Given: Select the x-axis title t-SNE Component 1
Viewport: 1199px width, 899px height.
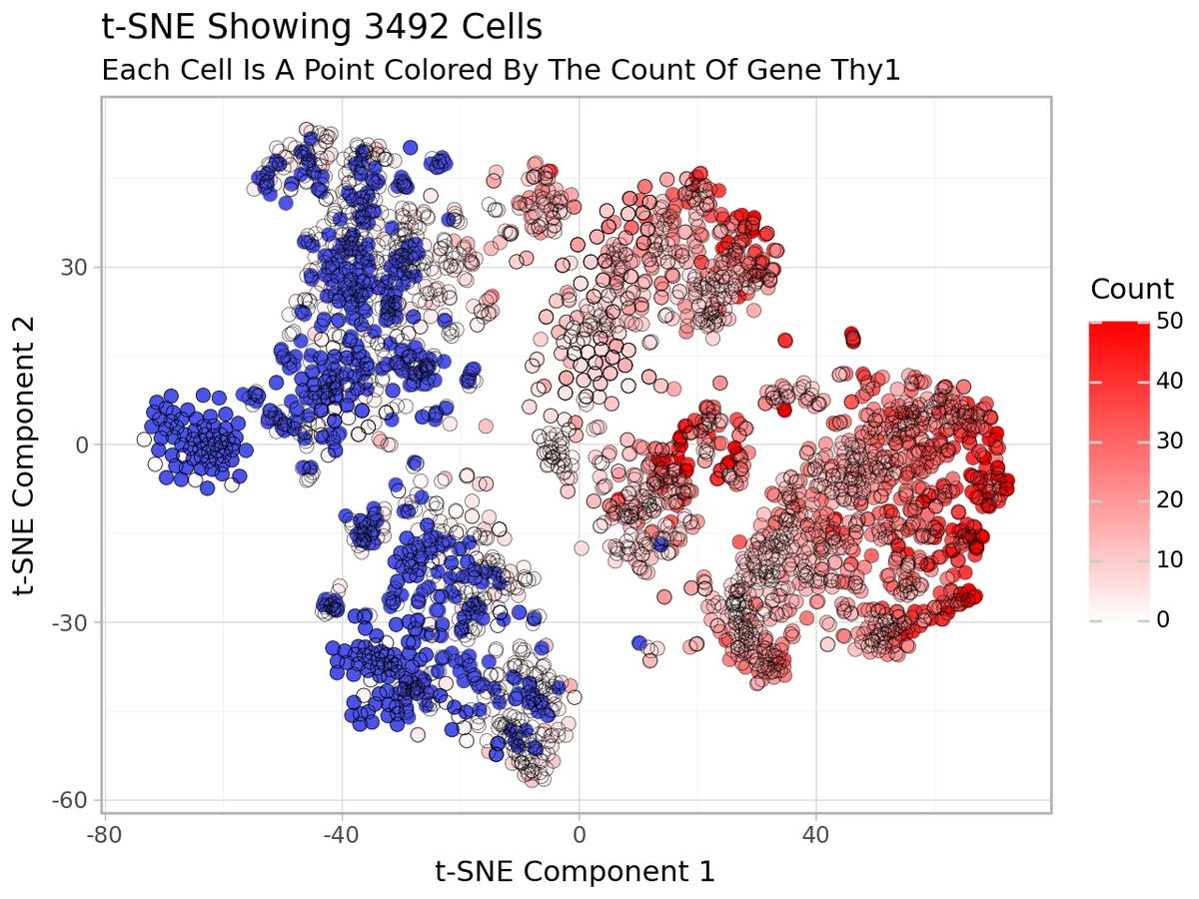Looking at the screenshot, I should (576, 871).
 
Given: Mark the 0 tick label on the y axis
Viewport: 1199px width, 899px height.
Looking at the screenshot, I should (83, 445).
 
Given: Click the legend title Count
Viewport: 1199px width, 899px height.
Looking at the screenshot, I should (1131, 290).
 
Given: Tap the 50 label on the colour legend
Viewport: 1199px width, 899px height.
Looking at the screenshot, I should (1170, 321).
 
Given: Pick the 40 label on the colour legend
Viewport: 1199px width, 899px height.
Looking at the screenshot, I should (1170, 381).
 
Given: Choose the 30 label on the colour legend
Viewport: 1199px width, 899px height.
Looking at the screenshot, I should (1170, 441).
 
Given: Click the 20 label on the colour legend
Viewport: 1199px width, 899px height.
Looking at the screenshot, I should (1170, 500).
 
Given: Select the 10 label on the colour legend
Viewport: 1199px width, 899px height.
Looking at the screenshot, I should (1170, 560).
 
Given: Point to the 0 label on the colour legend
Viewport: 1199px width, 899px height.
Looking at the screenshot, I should (1163, 620).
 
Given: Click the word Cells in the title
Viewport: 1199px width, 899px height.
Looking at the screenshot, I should (501, 28).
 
